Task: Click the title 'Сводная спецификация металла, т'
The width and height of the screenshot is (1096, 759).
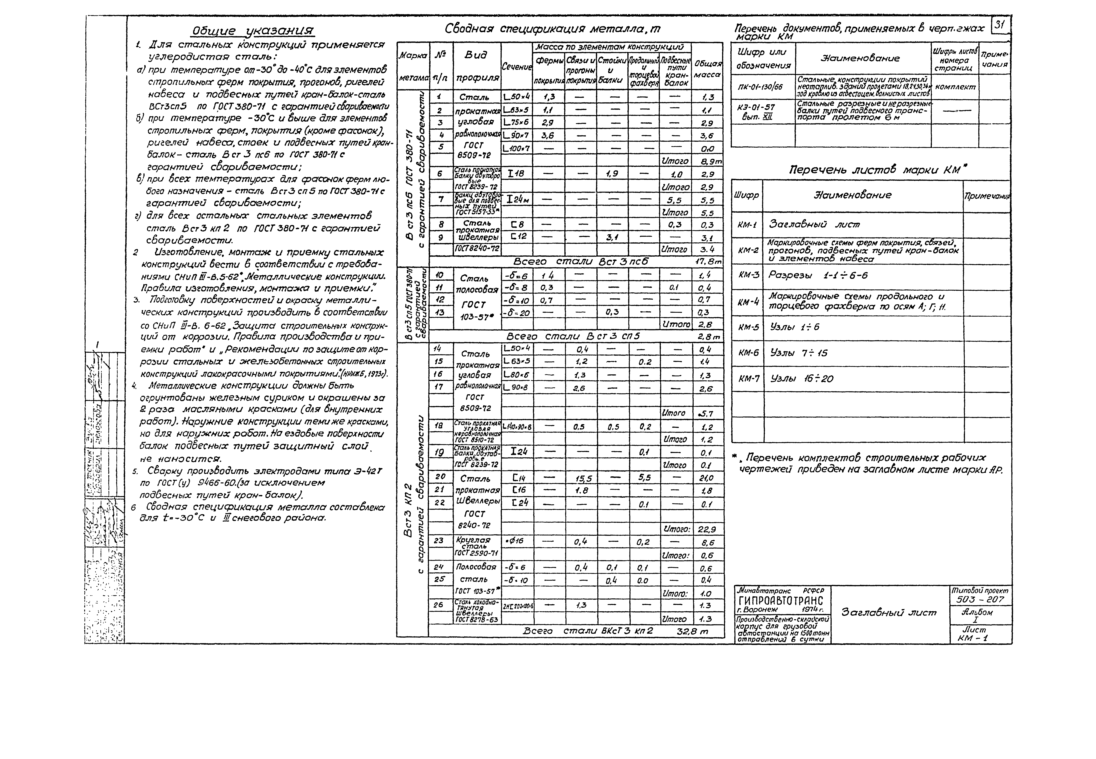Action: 552,29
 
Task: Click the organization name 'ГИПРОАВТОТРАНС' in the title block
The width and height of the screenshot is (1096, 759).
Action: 781,601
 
